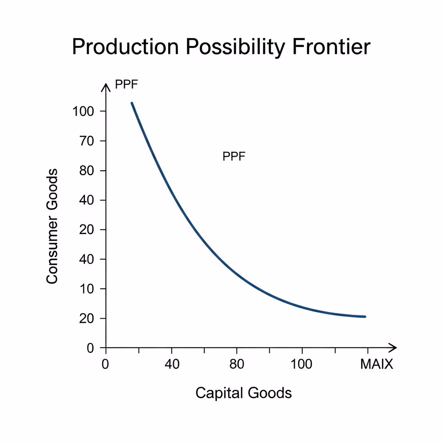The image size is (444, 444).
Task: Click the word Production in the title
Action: click(125, 47)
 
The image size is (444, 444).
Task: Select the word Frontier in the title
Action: click(331, 46)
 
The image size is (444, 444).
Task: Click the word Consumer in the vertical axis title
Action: click(52, 250)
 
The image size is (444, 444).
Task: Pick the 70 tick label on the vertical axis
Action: click(86, 141)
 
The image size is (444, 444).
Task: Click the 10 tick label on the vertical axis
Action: click(86, 289)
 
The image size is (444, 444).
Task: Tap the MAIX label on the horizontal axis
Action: click(377, 364)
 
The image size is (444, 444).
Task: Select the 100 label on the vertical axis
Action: click(83, 111)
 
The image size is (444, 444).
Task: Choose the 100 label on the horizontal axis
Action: click(301, 364)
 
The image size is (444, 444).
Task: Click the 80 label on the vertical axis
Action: click(86, 170)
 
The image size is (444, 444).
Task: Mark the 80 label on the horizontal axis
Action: click(237, 364)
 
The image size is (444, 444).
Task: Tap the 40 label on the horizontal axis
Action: click(172, 364)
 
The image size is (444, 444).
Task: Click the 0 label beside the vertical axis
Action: click(90, 348)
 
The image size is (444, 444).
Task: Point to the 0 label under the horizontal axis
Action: click(105, 364)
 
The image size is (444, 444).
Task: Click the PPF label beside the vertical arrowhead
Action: click(126, 84)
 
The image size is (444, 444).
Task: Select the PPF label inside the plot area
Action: click(234, 156)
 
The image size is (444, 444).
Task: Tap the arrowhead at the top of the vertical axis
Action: click(106, 84)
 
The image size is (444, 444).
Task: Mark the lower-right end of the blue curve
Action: click(365, 317)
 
